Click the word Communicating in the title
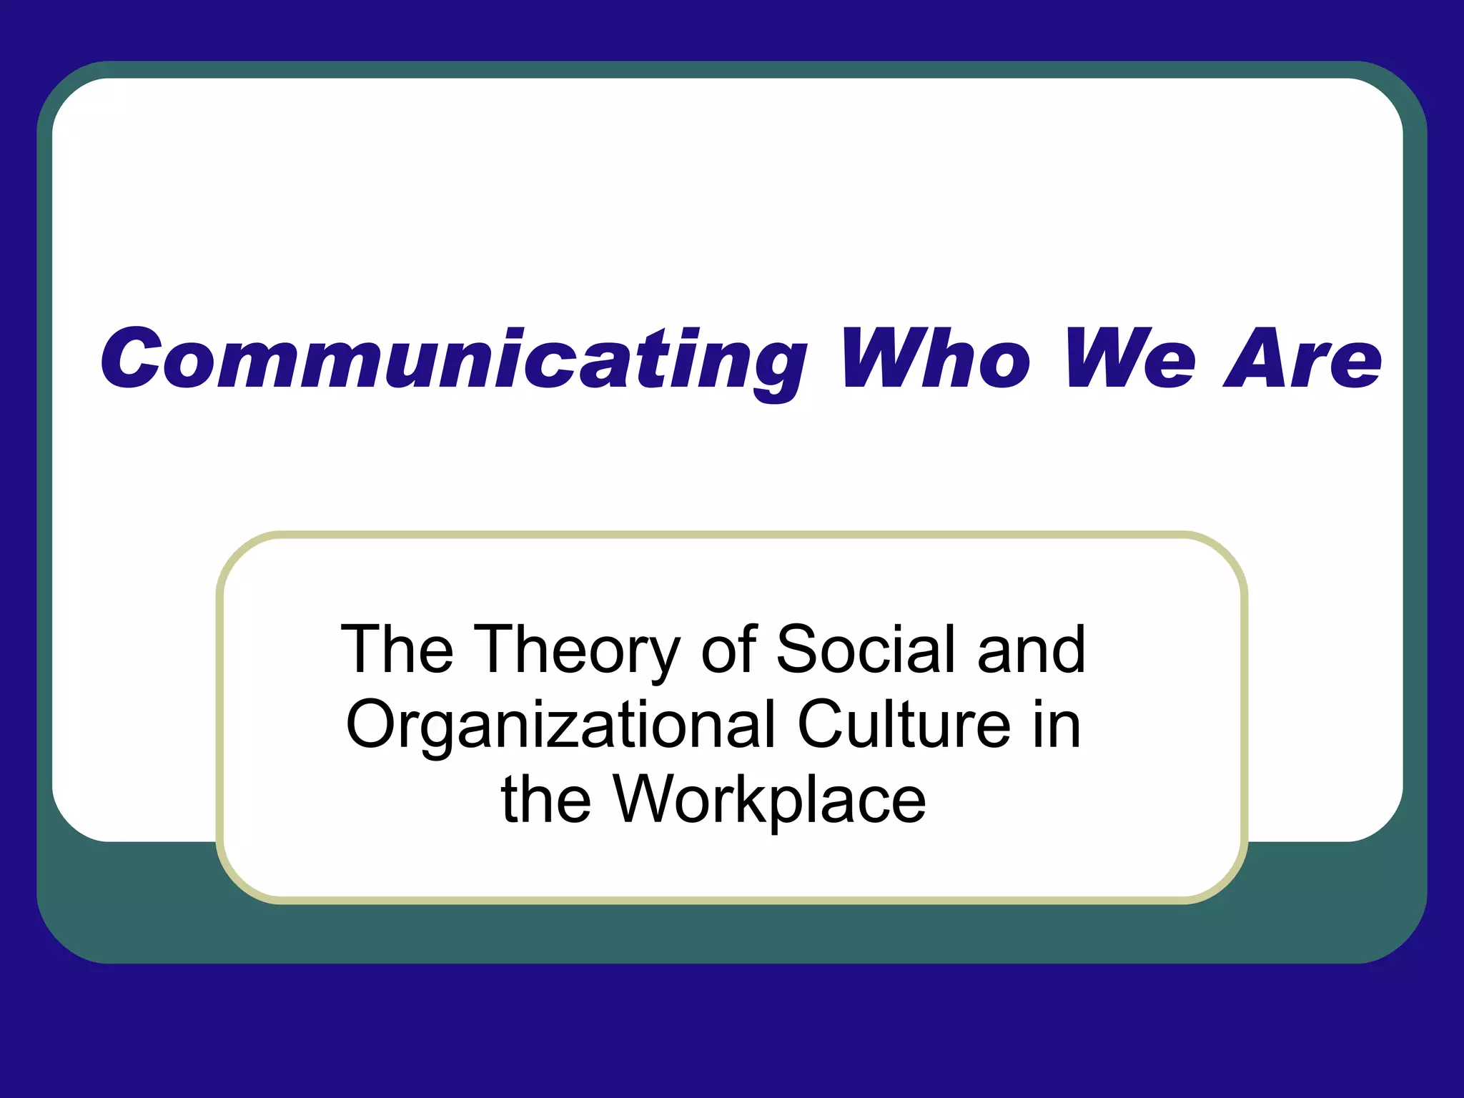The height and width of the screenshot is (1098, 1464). tap(454, 360)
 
